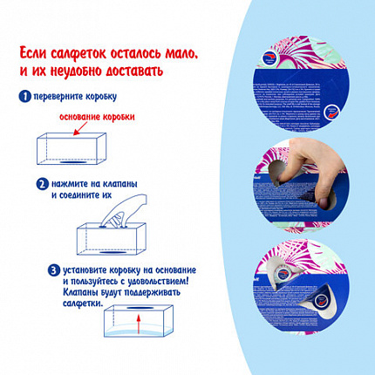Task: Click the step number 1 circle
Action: tap(26, 96)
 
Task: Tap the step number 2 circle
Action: tap(42, 184)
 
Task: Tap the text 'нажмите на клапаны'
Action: tap(94, 184)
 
